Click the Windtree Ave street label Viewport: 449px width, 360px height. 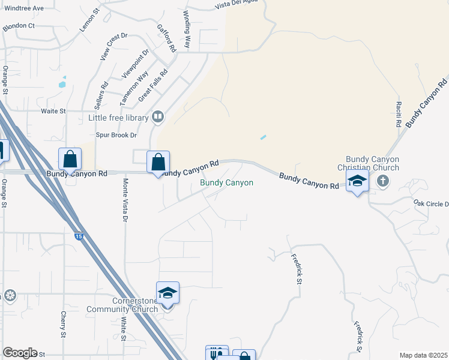[x=23, y=8]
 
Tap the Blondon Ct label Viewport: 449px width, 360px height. [x=19, y=27]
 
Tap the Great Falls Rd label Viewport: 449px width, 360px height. [x=153, y=85]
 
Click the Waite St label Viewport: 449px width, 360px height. [x=53, y=111]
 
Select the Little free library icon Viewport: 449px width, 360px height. [x=158, y=117]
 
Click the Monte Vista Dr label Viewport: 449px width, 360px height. [x=125, y=200]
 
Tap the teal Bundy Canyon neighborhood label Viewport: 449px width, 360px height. [x=226, y=182]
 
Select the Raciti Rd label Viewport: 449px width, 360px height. [x=398, y=114]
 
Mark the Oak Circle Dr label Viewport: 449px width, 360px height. [x=431, y=204]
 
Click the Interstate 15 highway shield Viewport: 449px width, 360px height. [x=79, y=237]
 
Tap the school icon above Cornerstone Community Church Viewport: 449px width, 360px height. [x=167, y=293]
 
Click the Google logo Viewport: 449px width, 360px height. [x=20, y=353]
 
